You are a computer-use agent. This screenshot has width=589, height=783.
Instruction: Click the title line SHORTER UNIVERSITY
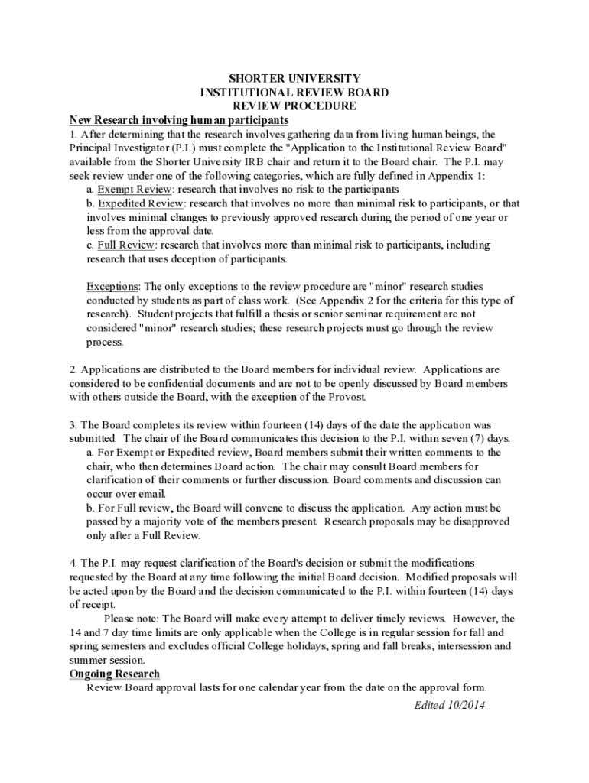point(294,79)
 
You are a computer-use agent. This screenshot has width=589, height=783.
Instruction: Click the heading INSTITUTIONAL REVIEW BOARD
point(294,93)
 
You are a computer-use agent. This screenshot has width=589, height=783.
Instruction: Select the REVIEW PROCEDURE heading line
point(294,106)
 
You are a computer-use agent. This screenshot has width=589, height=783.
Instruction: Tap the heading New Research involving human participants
point(179,120)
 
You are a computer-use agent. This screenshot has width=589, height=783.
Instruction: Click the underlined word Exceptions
point(112,286)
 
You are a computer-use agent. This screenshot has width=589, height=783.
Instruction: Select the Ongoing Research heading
point(115,674)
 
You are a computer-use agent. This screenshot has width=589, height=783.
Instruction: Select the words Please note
point(131,618)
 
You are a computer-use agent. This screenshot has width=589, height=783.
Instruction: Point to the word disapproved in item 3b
point(481,521)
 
